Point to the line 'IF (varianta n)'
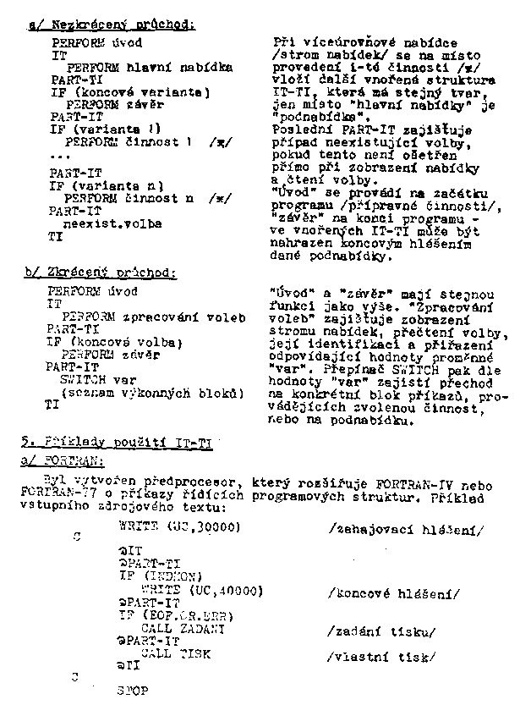105,185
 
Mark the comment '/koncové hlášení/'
393,593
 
